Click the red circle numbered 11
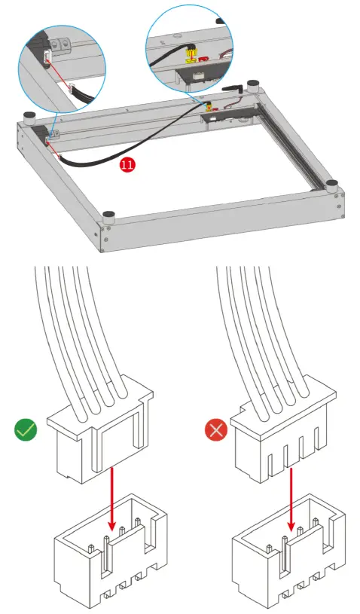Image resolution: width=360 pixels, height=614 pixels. coord(127,165)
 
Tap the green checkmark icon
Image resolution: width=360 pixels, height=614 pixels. coord(26,431)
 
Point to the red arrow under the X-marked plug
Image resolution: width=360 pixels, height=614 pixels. coord(291,497)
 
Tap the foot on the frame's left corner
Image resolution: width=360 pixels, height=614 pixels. coord(29,117)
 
